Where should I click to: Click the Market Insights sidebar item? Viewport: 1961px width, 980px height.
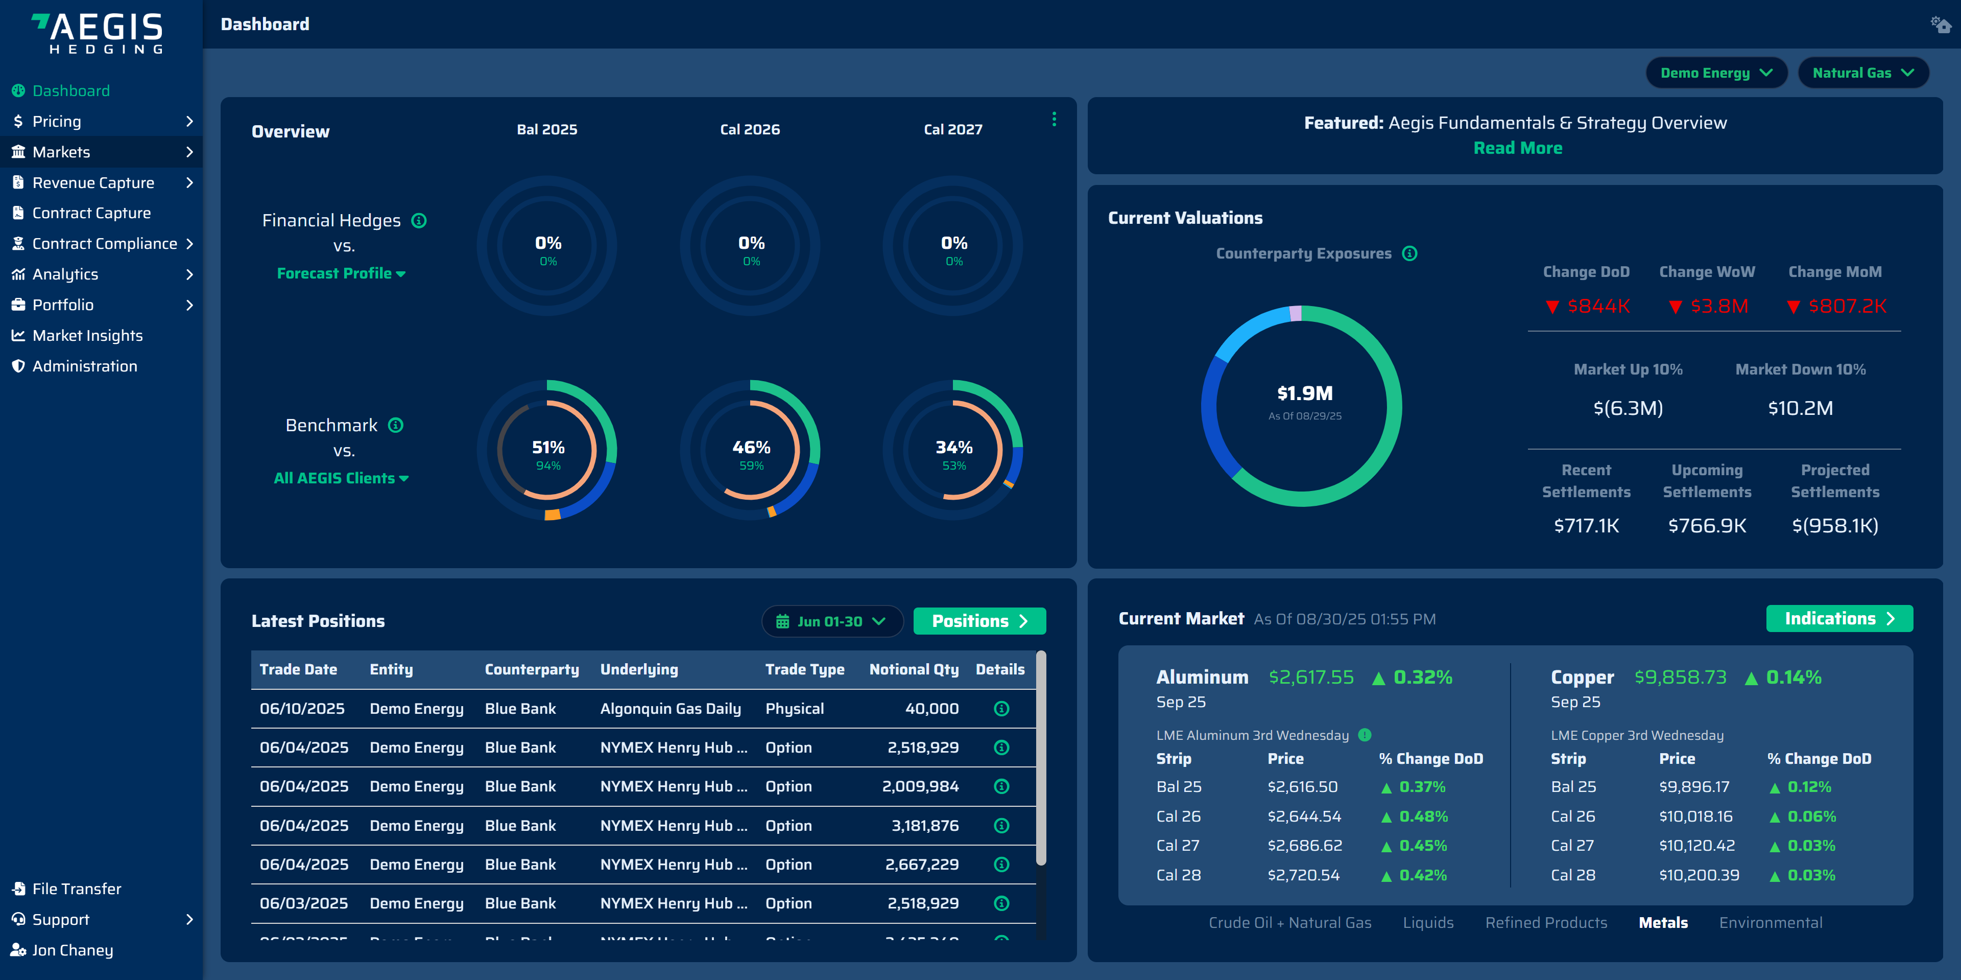pos(87,335)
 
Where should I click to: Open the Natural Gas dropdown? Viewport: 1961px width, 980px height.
pos(1862,73)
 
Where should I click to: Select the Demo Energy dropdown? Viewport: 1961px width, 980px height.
pos(1715,73)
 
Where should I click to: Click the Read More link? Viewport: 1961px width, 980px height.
pos(1517,149)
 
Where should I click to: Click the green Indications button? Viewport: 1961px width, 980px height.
pos(1838,618)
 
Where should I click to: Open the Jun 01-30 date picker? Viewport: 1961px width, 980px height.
pos(831,621)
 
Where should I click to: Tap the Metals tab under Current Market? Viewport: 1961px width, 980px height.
pos(1663,922)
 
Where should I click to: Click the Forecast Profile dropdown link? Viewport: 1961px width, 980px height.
pos(340,273)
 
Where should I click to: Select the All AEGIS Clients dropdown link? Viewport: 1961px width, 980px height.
pos(340,478)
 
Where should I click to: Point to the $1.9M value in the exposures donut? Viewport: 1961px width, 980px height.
pos(1304,393)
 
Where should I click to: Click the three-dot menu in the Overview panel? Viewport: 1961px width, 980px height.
pos(1054,120)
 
